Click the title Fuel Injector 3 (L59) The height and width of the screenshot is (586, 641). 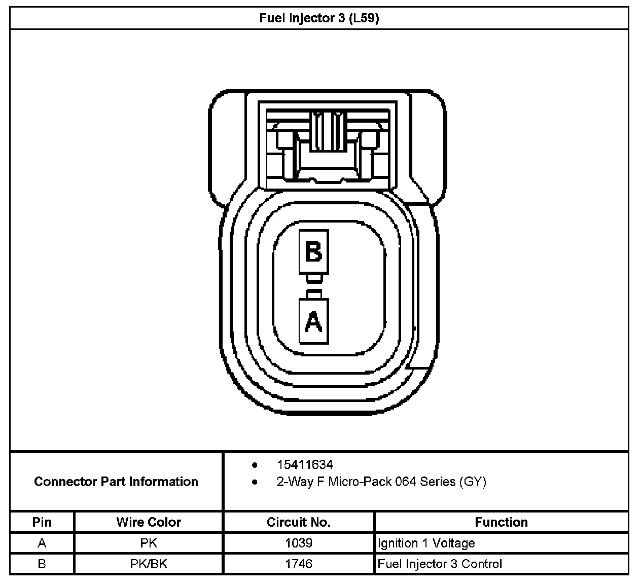tap(319, 19)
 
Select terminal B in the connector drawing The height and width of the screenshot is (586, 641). tap(313, 252)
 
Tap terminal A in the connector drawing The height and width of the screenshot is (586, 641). tap(313, 321)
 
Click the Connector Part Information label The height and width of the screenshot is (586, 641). tap(116, 482)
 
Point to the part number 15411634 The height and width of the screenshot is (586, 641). tap(304, 464)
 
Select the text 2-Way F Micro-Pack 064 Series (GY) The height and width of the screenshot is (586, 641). tap(381, 482)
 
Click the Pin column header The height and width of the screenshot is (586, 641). tap(42, 522)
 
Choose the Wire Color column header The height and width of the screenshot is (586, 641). tap(149, 522)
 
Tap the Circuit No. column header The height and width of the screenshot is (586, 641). tap(299, 522)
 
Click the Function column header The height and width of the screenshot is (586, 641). tap(501, 522)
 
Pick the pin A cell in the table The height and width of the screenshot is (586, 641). tap(42, 543)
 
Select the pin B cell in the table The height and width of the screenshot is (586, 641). tap(42, 564)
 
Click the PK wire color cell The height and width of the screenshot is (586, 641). tap(149, 543)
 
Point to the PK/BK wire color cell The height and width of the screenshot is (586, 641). tap(149, 564)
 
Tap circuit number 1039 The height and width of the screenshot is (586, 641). tap(299, 543)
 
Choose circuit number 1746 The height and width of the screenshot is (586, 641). tap(299, 564)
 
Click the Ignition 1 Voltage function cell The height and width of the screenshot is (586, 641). tap(426, 543)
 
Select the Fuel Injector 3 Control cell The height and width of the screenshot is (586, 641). tap(440, 564)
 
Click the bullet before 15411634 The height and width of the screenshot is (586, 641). tap(255, 465)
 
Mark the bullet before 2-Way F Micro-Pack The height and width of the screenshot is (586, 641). tap(255, 482)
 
